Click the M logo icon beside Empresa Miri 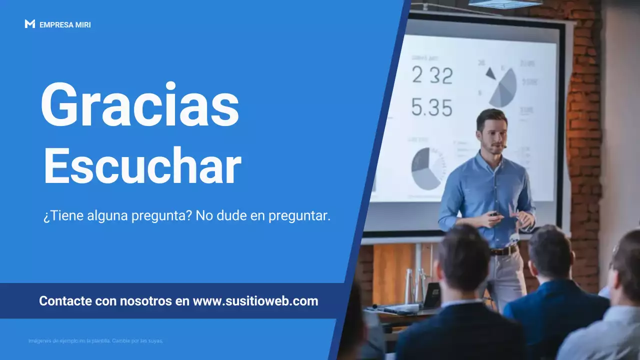coord(29,24)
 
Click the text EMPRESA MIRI coord(65,24)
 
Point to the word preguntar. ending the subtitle coord(299,216)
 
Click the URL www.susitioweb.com coord(255,301)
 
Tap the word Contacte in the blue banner coord(65,301)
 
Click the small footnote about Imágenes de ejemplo coord(95,341)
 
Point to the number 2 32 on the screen coord(432,75)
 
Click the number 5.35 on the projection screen coord(431,107)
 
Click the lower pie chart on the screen coord(427,168)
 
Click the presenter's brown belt coord(504,250)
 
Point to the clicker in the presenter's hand coord(494,214)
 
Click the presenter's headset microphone coord(505,146)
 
